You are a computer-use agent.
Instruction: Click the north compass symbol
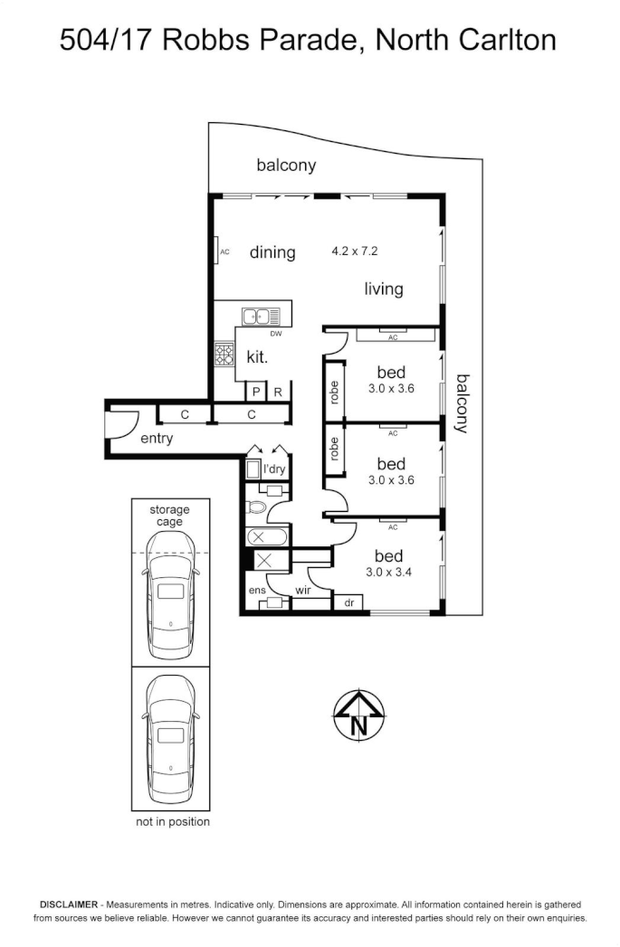pos(359,715)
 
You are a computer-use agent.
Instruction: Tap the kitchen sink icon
pos(261,316)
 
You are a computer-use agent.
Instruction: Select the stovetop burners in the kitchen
pos(224,355)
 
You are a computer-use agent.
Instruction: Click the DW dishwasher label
pos(276,334)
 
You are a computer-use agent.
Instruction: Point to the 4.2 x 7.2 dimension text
pos(355,251)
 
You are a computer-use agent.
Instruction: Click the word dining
pos(272,252)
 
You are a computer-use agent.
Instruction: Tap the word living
pos(384,289)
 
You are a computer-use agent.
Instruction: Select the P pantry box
pos(256,392)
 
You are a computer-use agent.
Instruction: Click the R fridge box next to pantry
pos(279,392)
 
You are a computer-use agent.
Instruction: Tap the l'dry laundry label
pos(274,469)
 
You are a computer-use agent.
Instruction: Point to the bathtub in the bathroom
pos(267,537)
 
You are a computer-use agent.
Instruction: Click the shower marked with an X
pos(265,561)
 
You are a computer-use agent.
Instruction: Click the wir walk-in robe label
pos(303,591)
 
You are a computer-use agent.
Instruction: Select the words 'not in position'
pos(172,821)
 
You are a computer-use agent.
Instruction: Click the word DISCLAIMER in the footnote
pos(67,904)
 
